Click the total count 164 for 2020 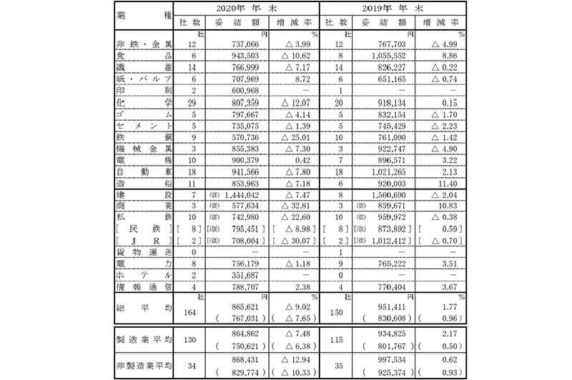pos(189,311)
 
